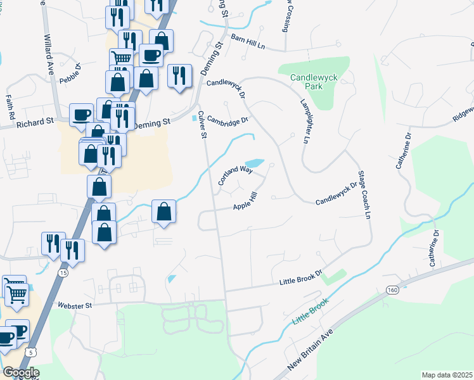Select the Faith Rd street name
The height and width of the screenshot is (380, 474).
coord(10,108)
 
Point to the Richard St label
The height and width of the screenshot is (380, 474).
coord(35,122)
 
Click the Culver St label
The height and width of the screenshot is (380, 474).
coord(203,125)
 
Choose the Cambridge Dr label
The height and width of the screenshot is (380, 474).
coord(227,118)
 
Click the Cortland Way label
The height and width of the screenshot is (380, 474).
coord(235,175)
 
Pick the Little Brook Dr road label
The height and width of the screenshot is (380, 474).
coord(302,279)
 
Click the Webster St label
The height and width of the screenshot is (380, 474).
coord(75,305)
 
